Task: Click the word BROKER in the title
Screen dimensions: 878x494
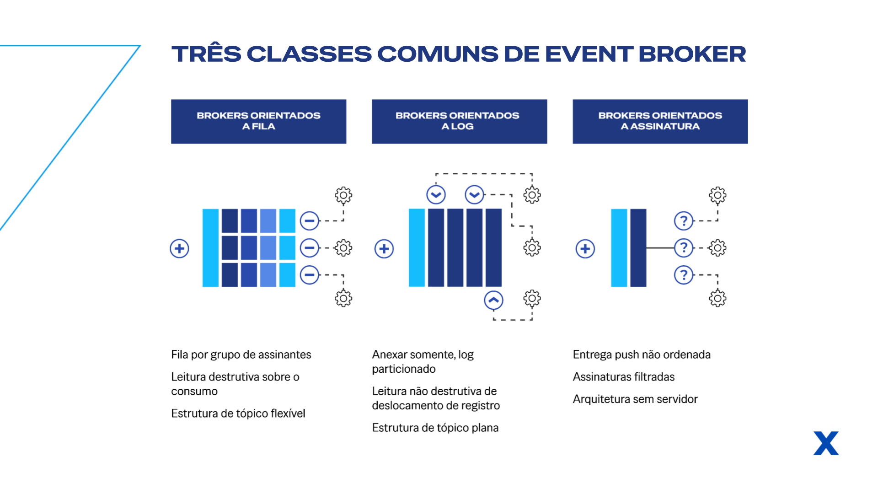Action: click(692, 54)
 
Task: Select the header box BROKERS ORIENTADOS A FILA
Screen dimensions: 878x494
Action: click(258, 122)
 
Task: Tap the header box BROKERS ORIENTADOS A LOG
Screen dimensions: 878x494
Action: click(459, 122)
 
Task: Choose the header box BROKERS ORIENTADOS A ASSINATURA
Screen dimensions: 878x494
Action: click(660, 122)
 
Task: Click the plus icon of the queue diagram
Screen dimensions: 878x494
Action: click(179, 248)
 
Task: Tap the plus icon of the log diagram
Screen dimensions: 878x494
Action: click(384, 248)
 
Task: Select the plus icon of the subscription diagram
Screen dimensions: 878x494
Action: click(585, 248)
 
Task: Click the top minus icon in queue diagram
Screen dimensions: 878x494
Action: click(310, 221)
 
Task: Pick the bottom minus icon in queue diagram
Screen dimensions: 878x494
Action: click(310, 275)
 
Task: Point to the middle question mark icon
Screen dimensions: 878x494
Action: click(684, 248)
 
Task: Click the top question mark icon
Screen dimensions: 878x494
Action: click(684, 221)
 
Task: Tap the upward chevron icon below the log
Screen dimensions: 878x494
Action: click(493, 300)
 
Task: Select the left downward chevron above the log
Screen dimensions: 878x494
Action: click(436, 195)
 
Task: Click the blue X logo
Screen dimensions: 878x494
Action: click(826, 443)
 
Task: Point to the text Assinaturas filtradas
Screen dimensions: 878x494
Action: click(624, 377)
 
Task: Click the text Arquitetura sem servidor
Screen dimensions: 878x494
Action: click(635, 399)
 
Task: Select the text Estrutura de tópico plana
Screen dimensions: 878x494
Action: click(435, 428)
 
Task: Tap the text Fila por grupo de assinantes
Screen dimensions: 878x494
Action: click(241, 354)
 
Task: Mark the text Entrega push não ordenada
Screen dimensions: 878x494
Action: click(642, 354)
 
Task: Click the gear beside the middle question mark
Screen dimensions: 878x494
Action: click(717, 248)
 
